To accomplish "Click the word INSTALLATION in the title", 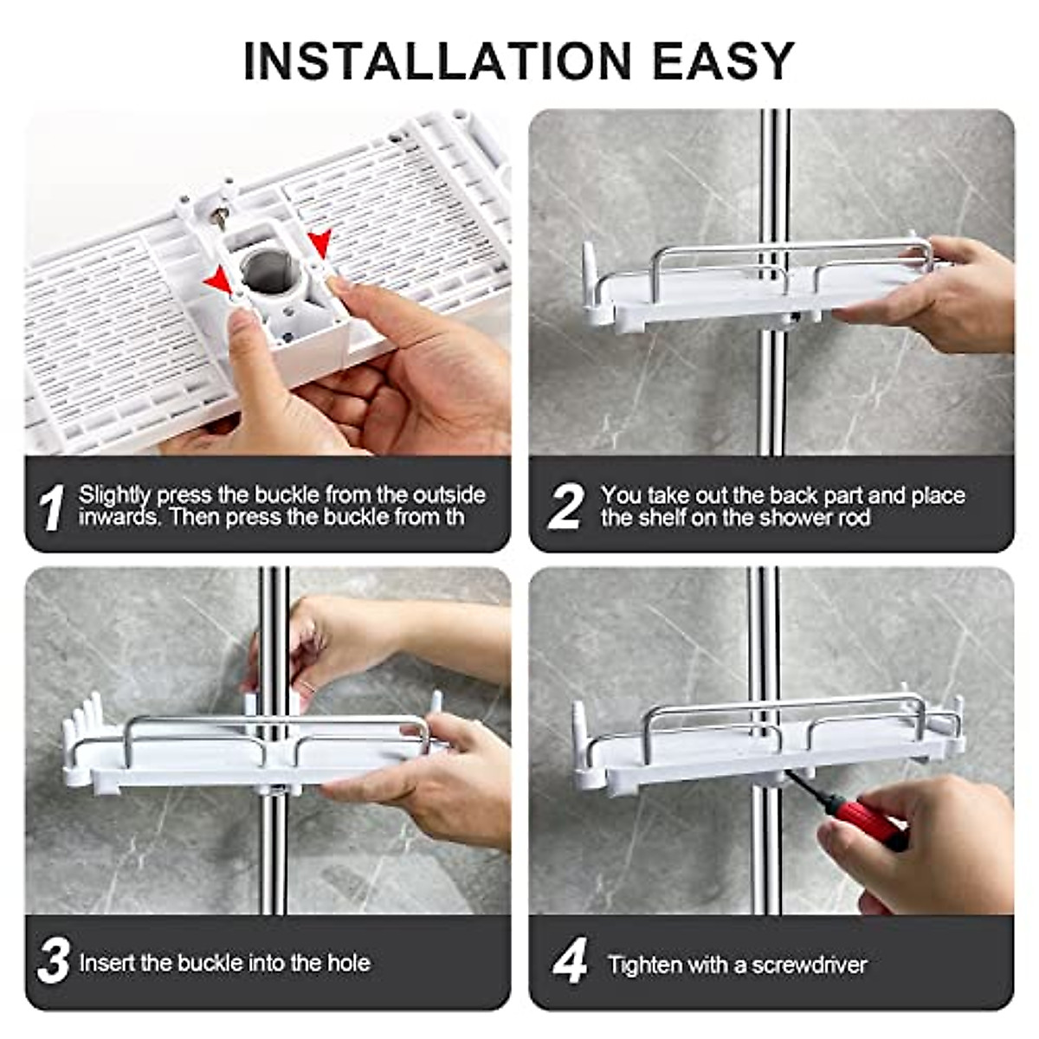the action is click(x=437, y=61).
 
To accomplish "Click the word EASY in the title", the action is click(x=722, y=61).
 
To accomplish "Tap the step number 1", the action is click(x=52, y=507).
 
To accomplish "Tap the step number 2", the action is click(x=565, y=507).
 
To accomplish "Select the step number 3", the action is click(x=53, y=962).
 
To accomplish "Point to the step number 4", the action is click(x=569, y=962).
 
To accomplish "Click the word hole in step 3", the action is click(x=348, y=963).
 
